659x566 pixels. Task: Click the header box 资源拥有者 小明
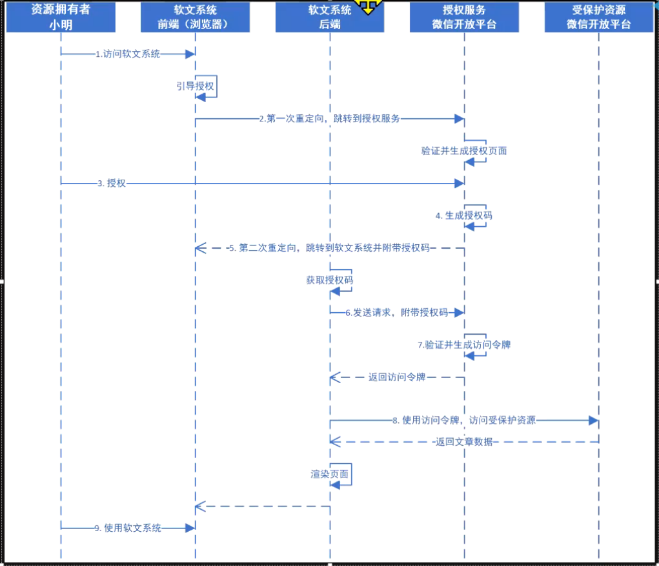click(x=61, y=17)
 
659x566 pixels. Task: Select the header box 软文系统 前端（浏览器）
click(x=195, y=17)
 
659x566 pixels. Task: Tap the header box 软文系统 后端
click(x=329, y=17)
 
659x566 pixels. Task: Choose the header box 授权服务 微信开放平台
click(x=464, y=17)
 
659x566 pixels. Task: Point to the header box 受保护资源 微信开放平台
click(x=598, y=17)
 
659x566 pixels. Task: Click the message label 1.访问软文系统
click(x=128, y=54)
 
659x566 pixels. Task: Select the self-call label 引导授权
click(x=196, y=86)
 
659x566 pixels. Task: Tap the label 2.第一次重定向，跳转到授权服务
click(x=329, y=119)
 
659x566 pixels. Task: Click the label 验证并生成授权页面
click(x=464, y=151)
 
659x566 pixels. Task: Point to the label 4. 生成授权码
click(x=463, y=215)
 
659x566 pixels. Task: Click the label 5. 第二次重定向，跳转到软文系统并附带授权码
click(x=329, y=248)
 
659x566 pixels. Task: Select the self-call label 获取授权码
click(x=329, y=280)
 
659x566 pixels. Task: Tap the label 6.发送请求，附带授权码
click(x=396, y=313)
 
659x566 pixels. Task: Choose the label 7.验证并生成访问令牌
click(x=463, y=344)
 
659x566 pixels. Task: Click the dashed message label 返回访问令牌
click(x=397, y=377)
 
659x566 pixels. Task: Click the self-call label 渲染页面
click(x=329, y=474)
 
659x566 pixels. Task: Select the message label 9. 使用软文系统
click(x=128, y=528)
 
